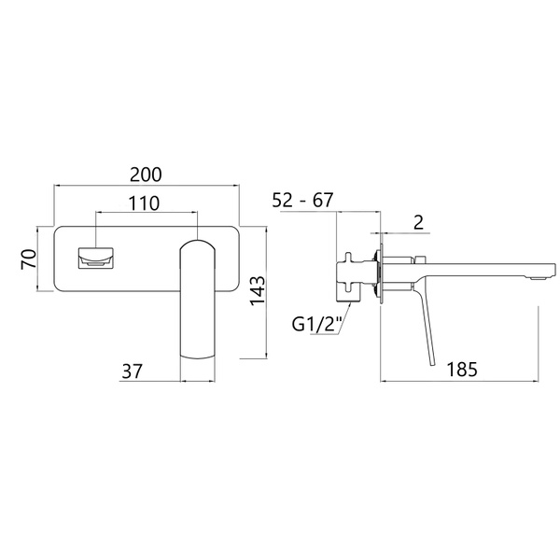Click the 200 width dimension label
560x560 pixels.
pos(146,175)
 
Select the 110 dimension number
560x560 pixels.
pos(144,203)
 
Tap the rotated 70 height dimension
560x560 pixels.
pos(29,259)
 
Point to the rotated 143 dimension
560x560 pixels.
pos(258,290)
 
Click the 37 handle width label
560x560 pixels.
pos(133,371)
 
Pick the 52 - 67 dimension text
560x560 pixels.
pos(302,200)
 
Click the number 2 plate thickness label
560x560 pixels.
pos(418,222)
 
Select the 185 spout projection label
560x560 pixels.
pos(462,369)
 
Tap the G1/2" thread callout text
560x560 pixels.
pos(317,324)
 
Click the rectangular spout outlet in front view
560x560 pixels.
pos(96,258)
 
